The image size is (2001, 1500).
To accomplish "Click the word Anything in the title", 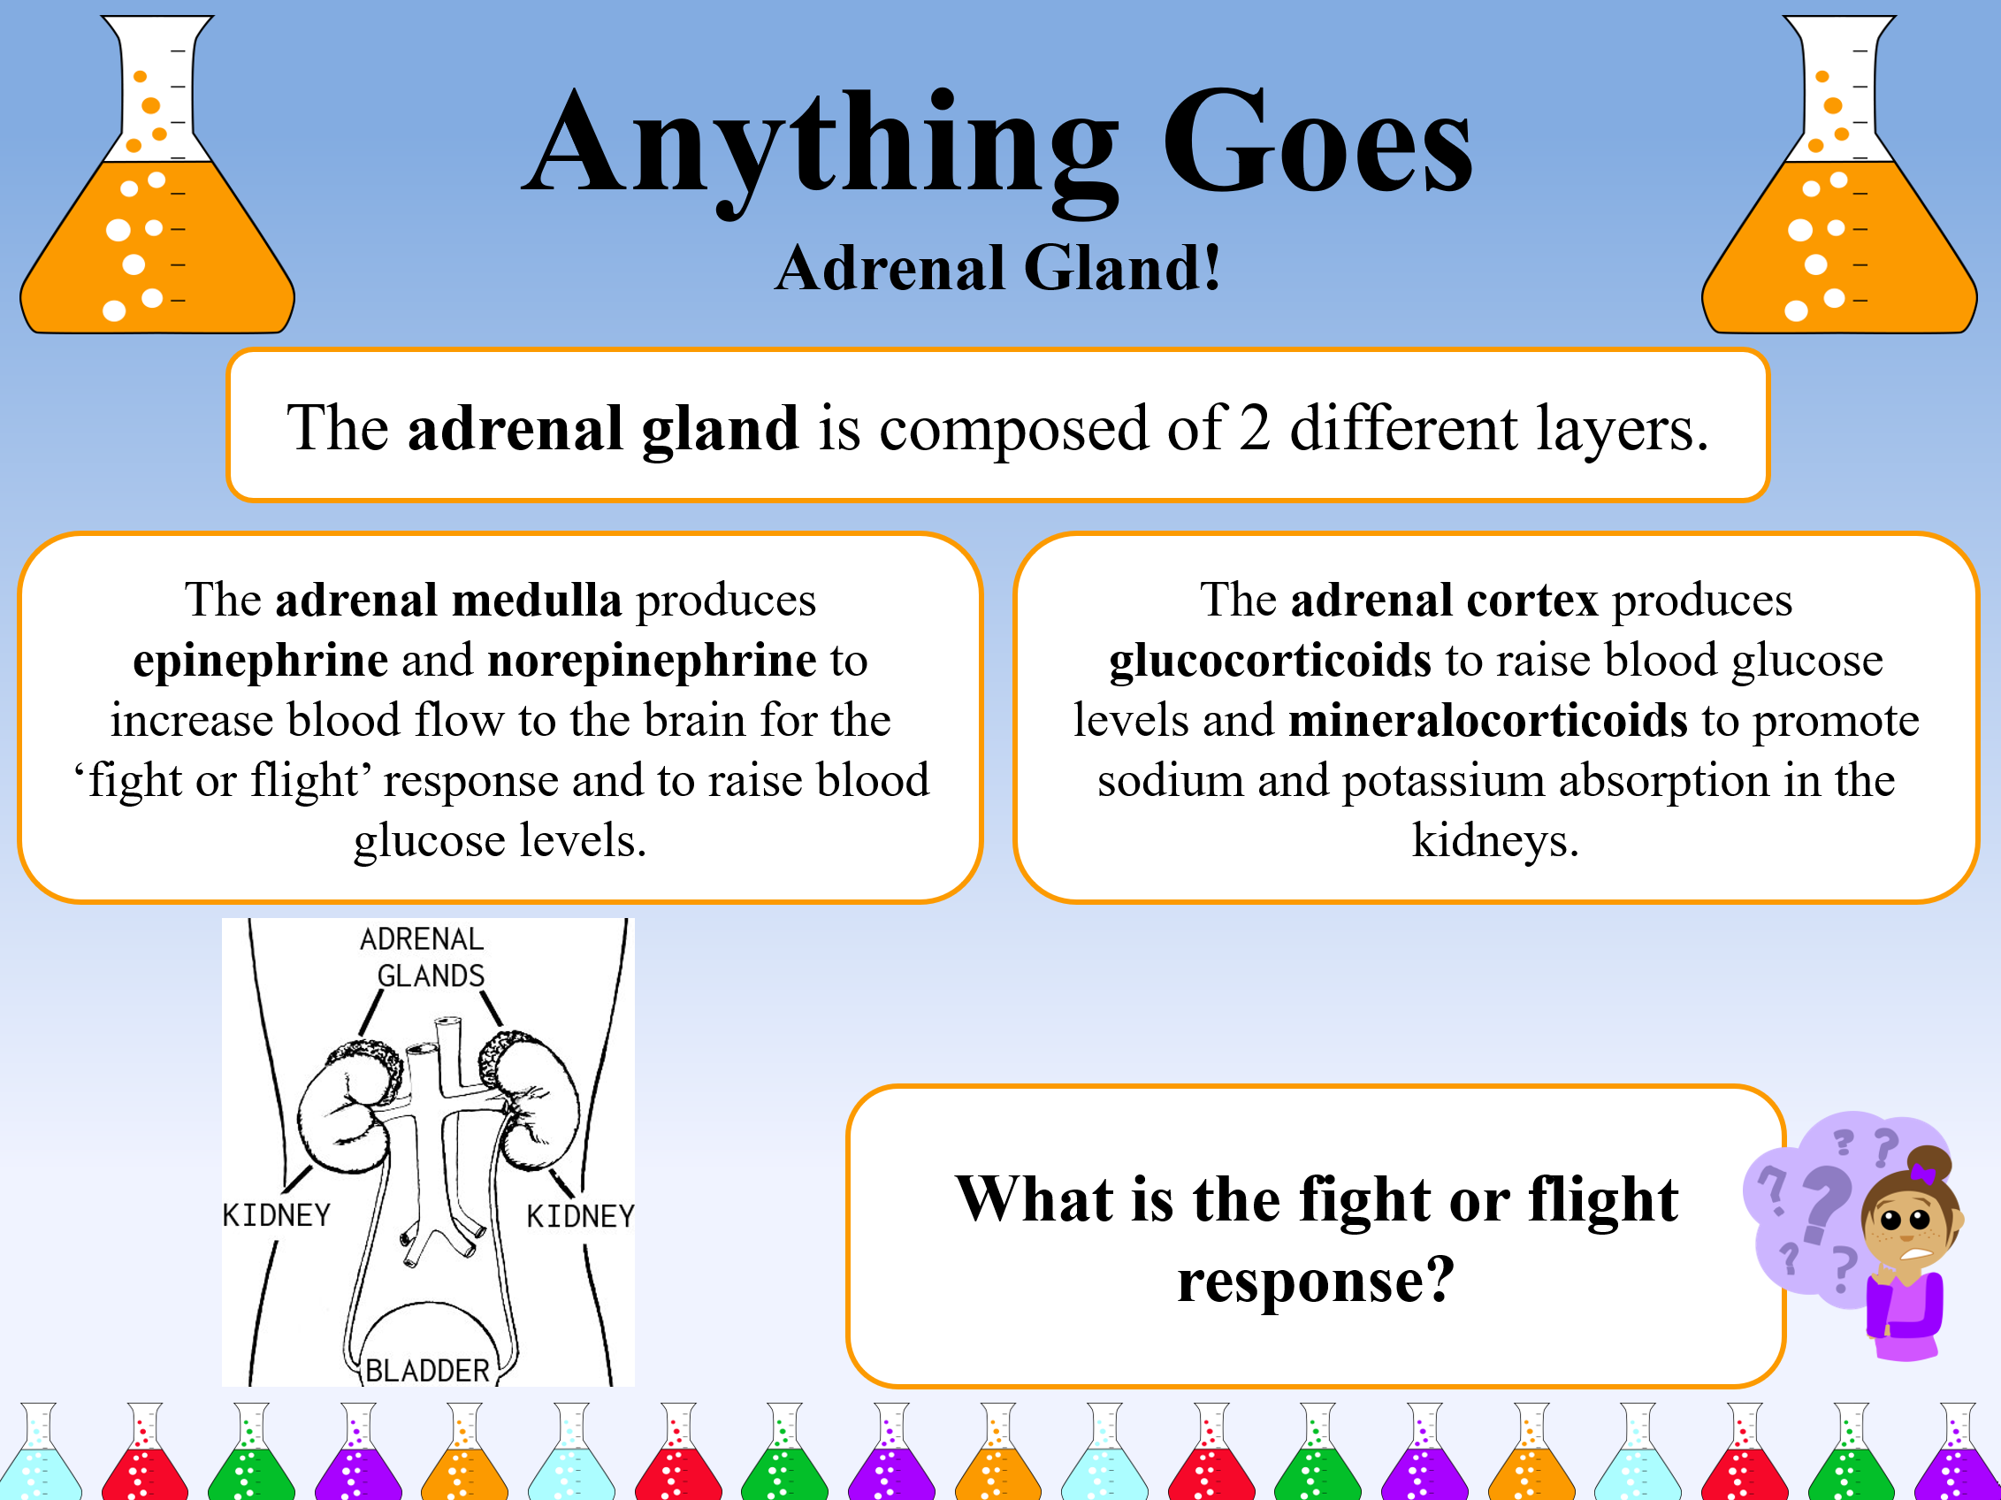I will click(x=819, y=145).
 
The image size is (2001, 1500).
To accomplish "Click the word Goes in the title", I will click(x=1317, y=145).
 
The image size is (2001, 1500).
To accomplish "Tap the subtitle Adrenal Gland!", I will click(x=998, y=269).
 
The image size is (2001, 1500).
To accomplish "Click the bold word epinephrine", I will click(x=261, y=660).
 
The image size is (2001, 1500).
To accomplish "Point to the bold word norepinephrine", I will click(x=652, y=660).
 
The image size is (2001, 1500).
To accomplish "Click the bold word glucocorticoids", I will click(x=1270, y=660).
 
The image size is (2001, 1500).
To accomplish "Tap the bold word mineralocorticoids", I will click(x=1487, y=720).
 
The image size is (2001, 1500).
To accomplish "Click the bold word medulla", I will click(x=537, y=600).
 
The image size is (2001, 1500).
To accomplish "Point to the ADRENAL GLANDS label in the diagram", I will click(x=424, y=957).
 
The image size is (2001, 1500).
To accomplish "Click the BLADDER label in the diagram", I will click(x=427, y=1370).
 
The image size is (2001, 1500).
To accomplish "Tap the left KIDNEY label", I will click(x=277, y=1215).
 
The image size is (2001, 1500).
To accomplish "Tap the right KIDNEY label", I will click(x=581, y=1216).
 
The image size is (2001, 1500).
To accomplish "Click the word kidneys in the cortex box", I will click(x=1495, y=840).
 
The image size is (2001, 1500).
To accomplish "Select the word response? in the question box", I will click(x=1317, y=1280).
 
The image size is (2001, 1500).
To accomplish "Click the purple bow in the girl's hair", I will click(x=1921, y=1174).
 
